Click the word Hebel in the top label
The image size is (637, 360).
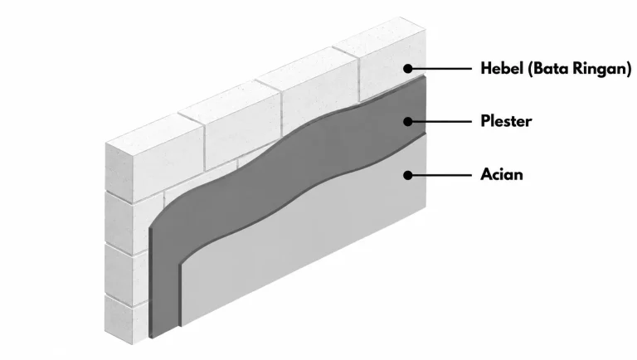click(502, 68)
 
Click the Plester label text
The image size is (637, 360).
click(506, 121)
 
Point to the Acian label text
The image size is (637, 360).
click(502, 174)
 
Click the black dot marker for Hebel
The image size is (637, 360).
click(408, 69)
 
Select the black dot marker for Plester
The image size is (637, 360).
click(408, 121)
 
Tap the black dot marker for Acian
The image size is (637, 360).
click(408, 175)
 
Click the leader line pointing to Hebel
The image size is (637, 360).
click(441, 69)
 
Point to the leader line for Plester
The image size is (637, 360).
click(441, 121)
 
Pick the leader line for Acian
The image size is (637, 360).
click(441, 175)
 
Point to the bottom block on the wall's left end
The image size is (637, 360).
click(126, 319)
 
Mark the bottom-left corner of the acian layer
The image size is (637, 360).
click(181, 326)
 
